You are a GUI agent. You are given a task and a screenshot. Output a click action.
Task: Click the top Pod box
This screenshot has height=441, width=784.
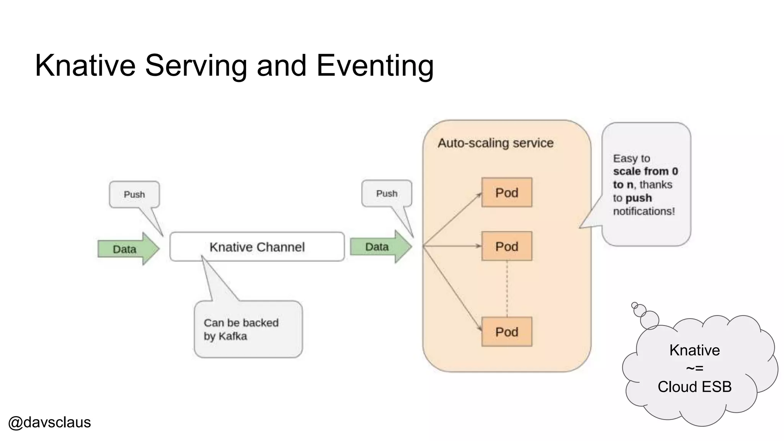pos(506,193)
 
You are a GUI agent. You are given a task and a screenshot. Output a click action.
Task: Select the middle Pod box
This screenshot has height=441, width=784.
pos(506,246)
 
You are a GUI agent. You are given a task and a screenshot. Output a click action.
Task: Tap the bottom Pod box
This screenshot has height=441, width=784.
pos(506,332)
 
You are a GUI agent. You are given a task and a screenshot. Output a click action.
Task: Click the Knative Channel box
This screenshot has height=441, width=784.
pos(257,247)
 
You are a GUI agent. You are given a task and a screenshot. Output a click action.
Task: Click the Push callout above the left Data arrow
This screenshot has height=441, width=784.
pos(134,194)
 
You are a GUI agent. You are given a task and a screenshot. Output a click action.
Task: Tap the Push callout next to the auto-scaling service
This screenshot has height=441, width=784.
pos(387,194)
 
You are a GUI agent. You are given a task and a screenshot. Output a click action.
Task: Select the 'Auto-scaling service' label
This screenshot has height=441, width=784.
pos(495,143)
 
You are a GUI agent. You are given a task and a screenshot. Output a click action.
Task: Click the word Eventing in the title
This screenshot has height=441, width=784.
pos(375,65)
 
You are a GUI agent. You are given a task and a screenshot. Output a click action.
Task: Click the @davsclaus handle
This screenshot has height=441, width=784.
pos(49,422)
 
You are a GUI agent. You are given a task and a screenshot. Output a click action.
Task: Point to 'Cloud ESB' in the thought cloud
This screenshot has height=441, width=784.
pos(694,387)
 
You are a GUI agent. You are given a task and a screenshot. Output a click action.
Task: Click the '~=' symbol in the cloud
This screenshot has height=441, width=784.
pos(694,368)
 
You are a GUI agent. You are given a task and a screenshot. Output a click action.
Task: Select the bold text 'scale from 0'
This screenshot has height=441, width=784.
pos(645,171)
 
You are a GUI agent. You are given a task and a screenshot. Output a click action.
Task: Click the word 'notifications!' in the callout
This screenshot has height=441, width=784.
pos(644,211)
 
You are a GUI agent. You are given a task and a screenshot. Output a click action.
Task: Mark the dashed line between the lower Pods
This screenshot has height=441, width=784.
pos(507,289)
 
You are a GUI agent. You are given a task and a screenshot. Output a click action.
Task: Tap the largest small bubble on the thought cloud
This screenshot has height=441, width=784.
pos(649,320)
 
